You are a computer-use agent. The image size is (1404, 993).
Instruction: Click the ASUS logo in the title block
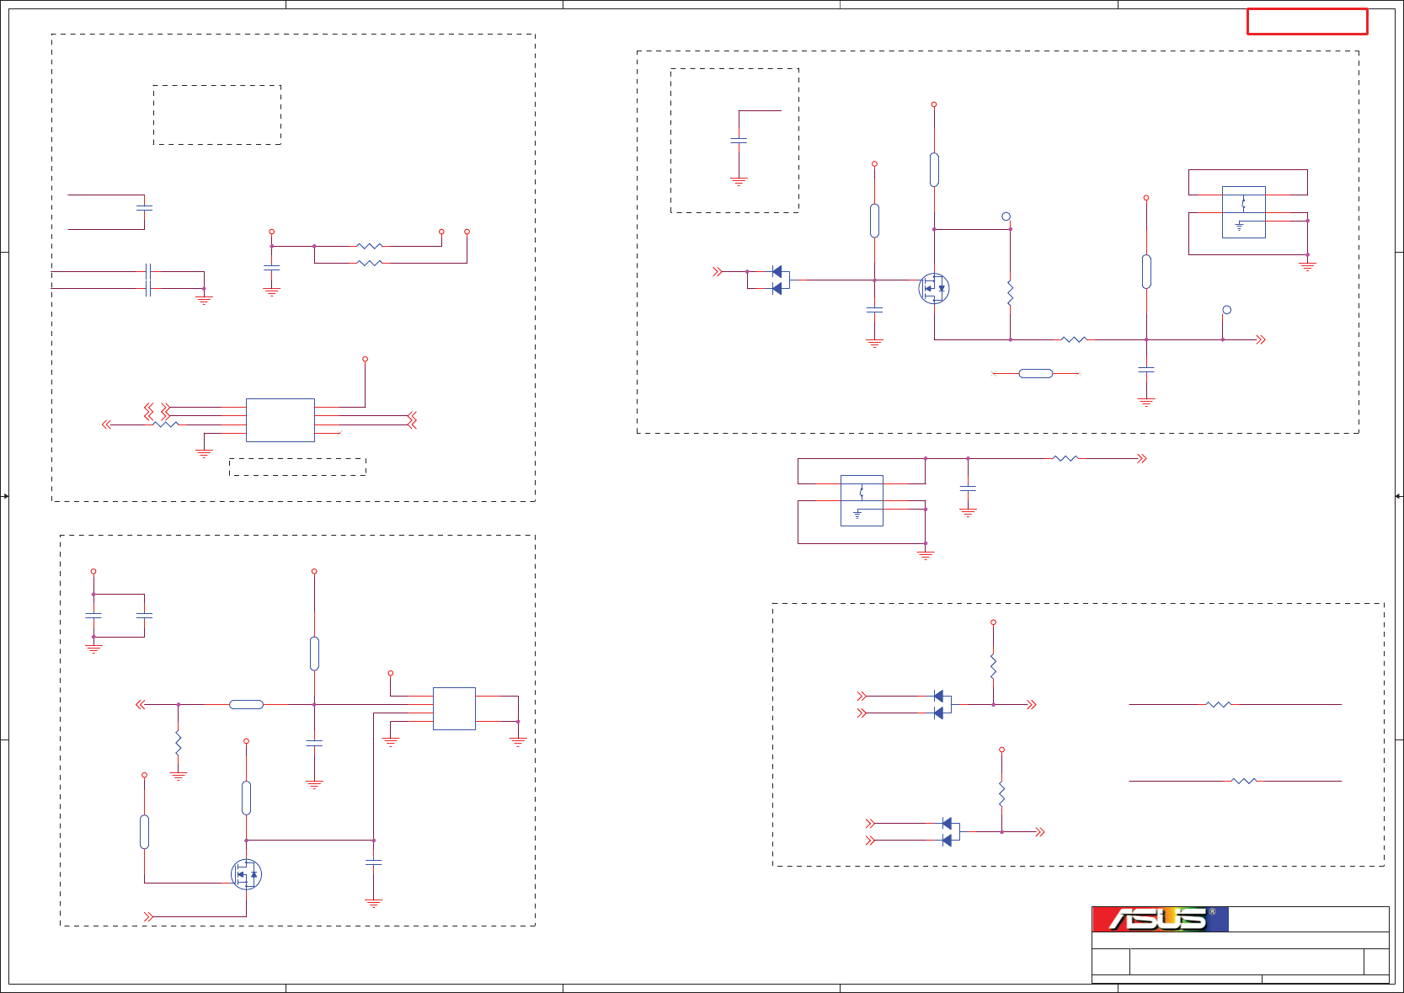click(1160, 919)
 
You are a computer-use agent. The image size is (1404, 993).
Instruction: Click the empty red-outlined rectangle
click(1306, 22)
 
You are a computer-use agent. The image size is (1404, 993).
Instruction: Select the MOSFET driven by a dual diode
click(933, 289)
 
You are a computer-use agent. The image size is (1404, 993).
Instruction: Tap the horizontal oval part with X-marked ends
click(1035, 373)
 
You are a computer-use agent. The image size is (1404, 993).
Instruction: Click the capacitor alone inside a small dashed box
click(739, 141)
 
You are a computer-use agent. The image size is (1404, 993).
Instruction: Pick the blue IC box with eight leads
click(280, 419)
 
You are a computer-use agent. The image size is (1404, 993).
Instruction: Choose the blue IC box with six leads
click(454, 708)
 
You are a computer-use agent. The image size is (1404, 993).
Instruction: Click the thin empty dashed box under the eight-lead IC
click(297, 467)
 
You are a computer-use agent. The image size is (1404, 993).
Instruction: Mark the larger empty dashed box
click(216, 115)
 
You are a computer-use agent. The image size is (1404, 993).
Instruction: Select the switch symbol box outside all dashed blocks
click(862, 500)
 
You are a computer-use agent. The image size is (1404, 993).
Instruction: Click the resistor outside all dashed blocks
click(1065, 458)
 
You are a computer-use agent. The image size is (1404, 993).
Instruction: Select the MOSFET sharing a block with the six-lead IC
click(246, 874)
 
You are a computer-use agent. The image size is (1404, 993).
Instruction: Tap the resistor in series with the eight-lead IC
click(166, 424)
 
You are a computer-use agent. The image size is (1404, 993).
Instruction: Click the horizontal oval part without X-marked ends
click(246, 704)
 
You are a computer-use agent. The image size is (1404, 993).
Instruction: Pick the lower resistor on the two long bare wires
click(1243, 781)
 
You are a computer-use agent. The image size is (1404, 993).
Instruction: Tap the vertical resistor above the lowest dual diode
click(1001, 792)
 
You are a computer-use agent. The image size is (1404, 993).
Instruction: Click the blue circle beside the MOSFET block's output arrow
click(1226, 310)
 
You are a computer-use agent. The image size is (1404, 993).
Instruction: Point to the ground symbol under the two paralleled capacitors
click(93, 649)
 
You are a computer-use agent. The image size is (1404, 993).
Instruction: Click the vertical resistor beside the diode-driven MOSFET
click(1010, 293)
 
